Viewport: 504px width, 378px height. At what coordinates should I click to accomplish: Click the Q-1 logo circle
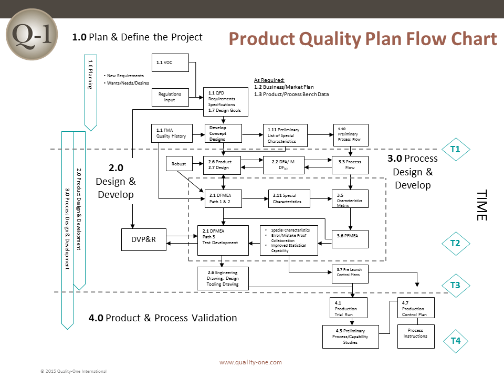(32, 35)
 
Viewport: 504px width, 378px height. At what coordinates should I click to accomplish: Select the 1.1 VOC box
(170, 62)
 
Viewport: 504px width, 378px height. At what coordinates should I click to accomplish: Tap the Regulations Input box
(170, 97)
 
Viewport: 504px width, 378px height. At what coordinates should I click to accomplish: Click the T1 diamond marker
(456, 149)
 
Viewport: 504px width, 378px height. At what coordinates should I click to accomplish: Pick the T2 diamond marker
(456, 243)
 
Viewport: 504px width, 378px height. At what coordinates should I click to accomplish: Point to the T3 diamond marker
(456, 285)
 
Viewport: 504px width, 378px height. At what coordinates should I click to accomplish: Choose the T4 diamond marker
(456, 341)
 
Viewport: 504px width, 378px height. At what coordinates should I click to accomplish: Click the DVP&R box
(144, 239)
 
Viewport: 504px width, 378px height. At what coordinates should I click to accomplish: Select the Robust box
(179, 164)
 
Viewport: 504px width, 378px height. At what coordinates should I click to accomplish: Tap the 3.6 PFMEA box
(350, 239)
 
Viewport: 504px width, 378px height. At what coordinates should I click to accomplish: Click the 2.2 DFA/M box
(283, 165)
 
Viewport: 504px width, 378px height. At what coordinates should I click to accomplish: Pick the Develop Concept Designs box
(224, 133)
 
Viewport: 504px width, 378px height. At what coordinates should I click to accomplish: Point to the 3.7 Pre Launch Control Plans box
(350, 274)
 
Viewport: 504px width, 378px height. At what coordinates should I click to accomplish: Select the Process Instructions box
(416, 336)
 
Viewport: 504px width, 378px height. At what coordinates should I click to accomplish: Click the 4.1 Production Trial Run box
(349, 308)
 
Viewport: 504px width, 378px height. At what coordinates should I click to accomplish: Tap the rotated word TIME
(482, 205)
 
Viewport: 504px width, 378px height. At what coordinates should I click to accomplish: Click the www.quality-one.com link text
(250, 362)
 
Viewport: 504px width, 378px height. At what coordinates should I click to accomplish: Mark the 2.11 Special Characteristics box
(289, 198)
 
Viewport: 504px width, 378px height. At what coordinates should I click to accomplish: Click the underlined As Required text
(269, 80)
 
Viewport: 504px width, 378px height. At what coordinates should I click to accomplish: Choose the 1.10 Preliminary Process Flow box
(351, 135)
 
